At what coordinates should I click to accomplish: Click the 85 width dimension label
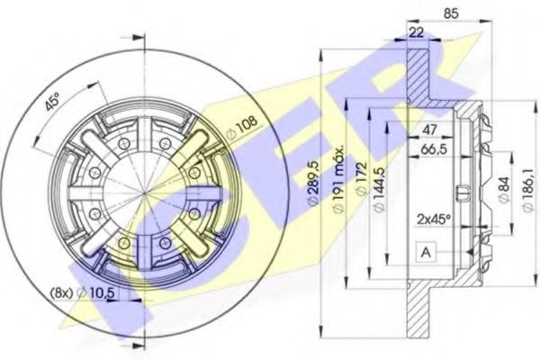tap(451, 13)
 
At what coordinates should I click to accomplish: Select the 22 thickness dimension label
tap(417, 32)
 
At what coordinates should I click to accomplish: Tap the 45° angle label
tap(52, 102)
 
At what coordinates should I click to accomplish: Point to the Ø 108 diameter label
tap(242, 127)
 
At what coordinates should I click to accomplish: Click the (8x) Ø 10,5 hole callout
tap(82, 293)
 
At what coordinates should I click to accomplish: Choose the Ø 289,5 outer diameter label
tap(314, 184)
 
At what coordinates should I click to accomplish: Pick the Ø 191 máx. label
tap(339, 179)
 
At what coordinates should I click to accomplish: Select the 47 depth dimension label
tap(429, 130)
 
